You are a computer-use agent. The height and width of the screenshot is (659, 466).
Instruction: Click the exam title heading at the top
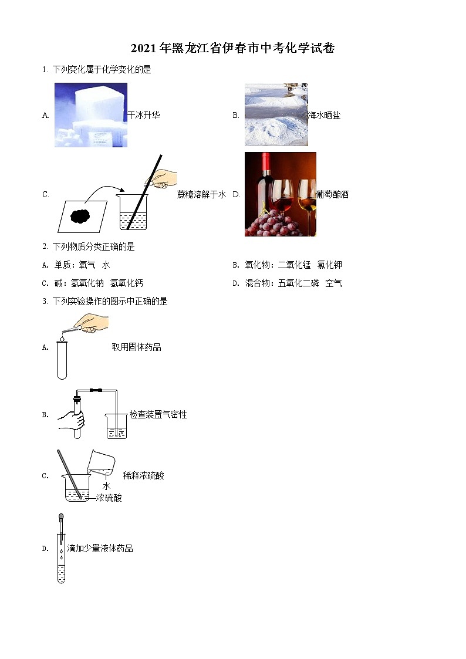(x=232, y=49)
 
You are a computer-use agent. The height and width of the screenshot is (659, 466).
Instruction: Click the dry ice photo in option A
(x=91, y=114)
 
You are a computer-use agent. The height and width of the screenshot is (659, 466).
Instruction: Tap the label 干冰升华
(x=143, y=116)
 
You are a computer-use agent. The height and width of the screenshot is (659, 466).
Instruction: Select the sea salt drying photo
(x=276, y=114)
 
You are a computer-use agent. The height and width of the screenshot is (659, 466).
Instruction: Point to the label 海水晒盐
(x=324, y=116)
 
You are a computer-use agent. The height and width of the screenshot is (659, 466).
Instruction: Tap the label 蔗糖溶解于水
(x=201, y=195)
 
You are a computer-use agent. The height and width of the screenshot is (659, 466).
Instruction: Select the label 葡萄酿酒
(x=332, y=194)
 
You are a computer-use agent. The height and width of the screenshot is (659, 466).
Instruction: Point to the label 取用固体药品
(x=137, y=347)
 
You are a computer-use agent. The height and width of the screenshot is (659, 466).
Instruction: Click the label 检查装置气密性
(x=158, y=415)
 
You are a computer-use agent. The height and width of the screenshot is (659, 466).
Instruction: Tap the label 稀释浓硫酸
(x=143, y=475)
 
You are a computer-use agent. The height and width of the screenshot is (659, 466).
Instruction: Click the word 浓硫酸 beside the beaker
(x=109, y=498)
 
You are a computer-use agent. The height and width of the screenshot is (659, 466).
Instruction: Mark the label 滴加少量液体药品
(x=100, y=549)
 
